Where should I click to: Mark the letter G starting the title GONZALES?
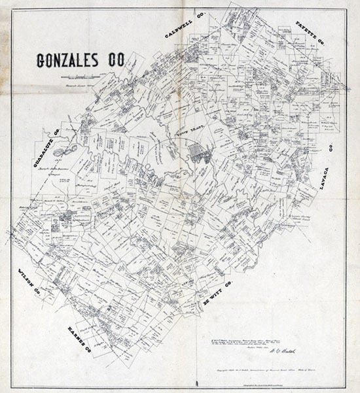pyautogui.click(x=42, y=60)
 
